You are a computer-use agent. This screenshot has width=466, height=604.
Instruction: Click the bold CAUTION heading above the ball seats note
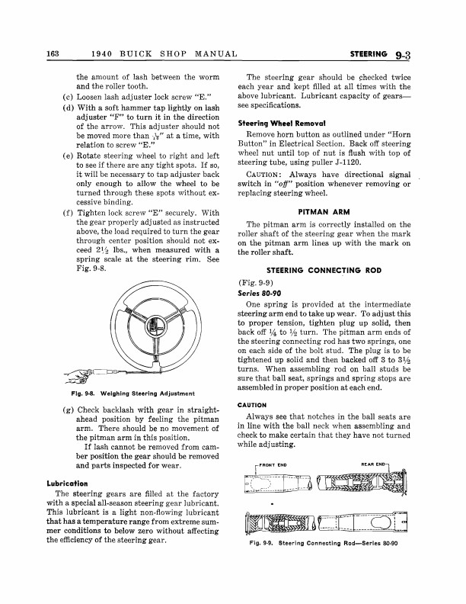(x=251, y=405)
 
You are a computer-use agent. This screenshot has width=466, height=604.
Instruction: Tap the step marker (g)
(x=58, y=411)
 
